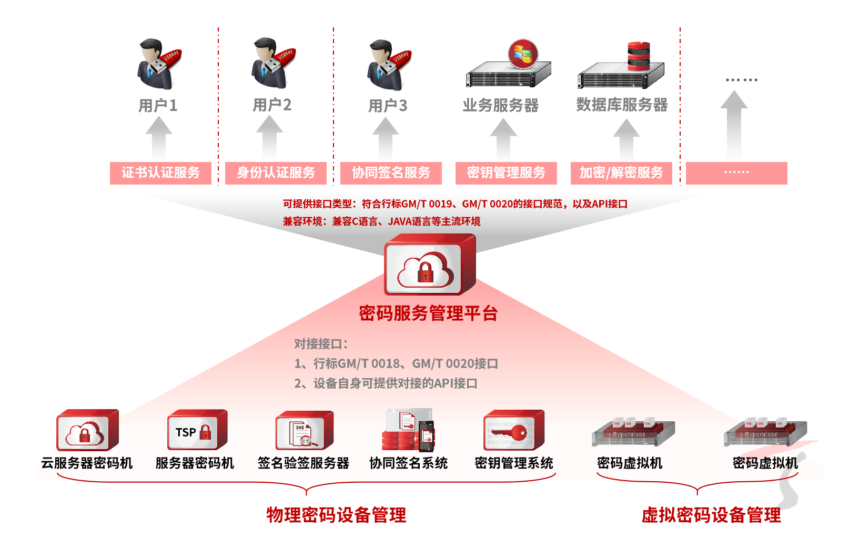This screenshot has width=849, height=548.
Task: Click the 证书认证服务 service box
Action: pyautogui.click(x=160, y=173)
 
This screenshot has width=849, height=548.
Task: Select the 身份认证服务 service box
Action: pyautogui.click(x=276, y=173)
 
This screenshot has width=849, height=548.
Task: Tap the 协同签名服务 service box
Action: pyautogui.click(x=391, y=173)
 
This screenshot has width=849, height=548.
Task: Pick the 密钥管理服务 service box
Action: pyautogui.click(x=506, y=173)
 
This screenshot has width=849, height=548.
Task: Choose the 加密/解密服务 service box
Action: pyautogui.click(x=621, y=173)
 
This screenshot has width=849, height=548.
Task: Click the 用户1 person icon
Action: pyautogui.click(x=157, y=64)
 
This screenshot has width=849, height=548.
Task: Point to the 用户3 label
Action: pyautogui.click(x=388, y=106)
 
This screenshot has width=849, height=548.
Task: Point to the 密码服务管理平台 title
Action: pyautogui.click(x=428, y=313)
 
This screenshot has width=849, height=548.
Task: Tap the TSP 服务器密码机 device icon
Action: pyautogui.click(x=197, y=430)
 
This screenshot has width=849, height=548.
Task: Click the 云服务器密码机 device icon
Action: pyautogui.click(x=87, y=430)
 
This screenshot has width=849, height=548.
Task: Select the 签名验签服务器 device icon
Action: pyautogui.click(x=304, y=431)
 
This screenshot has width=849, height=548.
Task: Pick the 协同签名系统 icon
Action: pyautogui.click(x=409, y=430)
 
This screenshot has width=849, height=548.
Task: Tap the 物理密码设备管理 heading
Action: pyautogui.click(x=336, y=515)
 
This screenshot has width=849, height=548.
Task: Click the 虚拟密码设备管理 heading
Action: pyautogui.click(x=711, y=515)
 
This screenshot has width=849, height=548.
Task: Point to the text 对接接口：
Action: pyautogui.click(x=321, y=344)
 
